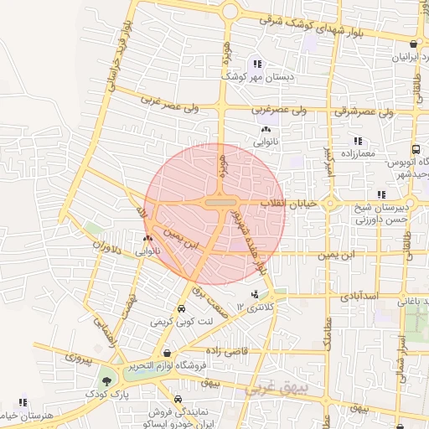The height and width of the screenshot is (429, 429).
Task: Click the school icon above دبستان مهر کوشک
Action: pos(257,64)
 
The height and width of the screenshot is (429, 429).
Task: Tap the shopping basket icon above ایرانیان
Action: pos(414,44)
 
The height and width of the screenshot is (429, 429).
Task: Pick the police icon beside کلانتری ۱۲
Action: pos(255,294)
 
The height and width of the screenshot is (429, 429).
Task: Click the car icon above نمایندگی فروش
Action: pos(178,400)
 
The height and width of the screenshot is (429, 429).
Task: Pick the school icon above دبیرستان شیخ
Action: pos(381,194)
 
